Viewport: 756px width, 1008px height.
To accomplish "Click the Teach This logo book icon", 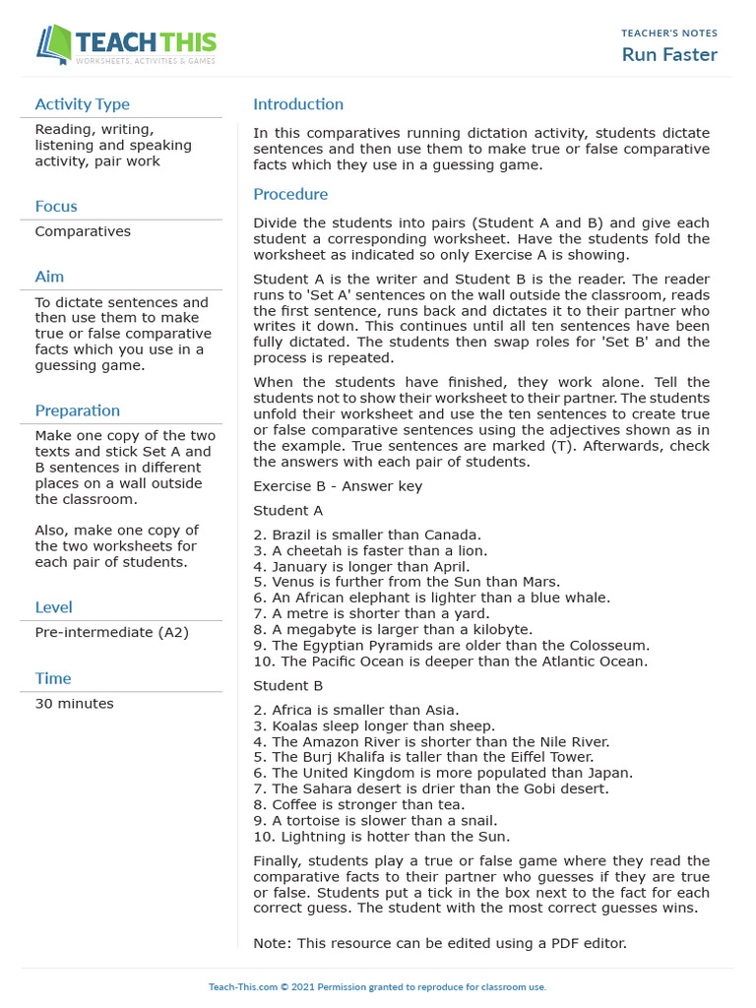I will [x=55, y=45].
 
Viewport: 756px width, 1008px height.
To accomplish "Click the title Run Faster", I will [x=669, y=54].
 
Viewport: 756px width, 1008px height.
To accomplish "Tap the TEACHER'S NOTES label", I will [x=669, y=33].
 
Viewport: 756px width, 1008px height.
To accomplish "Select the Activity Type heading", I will [x=82, y=104].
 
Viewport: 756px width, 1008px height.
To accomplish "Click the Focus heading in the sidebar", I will [x=56, y=207].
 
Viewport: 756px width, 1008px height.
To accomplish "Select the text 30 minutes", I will [x=74, y=704].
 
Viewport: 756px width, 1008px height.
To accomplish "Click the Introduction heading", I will [x=298, y=104].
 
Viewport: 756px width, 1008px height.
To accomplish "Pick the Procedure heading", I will [x=290, y=195].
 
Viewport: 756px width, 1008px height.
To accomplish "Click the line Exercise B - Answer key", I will [x=340, y=486].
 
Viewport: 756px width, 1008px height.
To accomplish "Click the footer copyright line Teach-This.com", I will [x=377, y=987].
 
